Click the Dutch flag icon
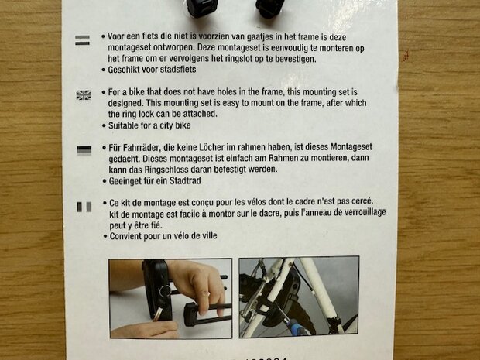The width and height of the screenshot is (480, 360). [82, 39]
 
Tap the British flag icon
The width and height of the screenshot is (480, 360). [83, 94]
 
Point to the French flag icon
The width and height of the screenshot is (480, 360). [84, 206]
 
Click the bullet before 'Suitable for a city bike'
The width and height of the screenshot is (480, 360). [104, 125]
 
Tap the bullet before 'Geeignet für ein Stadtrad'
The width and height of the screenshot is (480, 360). [104, 180]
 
